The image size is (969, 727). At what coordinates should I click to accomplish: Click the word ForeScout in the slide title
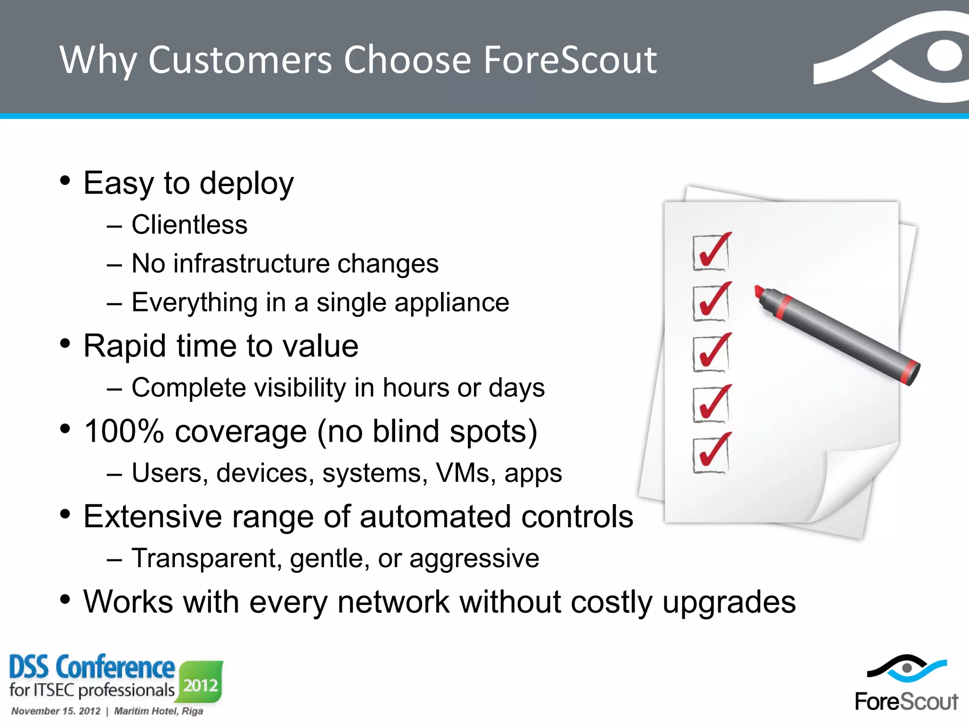(x=570, y=61)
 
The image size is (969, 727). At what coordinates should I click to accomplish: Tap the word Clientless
(x=189, y=225)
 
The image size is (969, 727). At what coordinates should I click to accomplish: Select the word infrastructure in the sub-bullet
(x=251, y=264)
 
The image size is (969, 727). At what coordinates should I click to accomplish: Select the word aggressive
(x=474, y=559)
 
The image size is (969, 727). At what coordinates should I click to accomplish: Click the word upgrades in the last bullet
(x=729, y=603)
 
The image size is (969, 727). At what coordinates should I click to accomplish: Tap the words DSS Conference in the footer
(x=92, y=667)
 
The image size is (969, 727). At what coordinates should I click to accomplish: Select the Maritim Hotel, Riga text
(x=159, y=711)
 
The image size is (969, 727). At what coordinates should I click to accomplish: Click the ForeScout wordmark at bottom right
(x=906, y=701)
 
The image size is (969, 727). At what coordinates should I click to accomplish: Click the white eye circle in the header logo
(x=944, y=56)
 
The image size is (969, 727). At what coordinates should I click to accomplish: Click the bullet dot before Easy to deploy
(x=65, y=180)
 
